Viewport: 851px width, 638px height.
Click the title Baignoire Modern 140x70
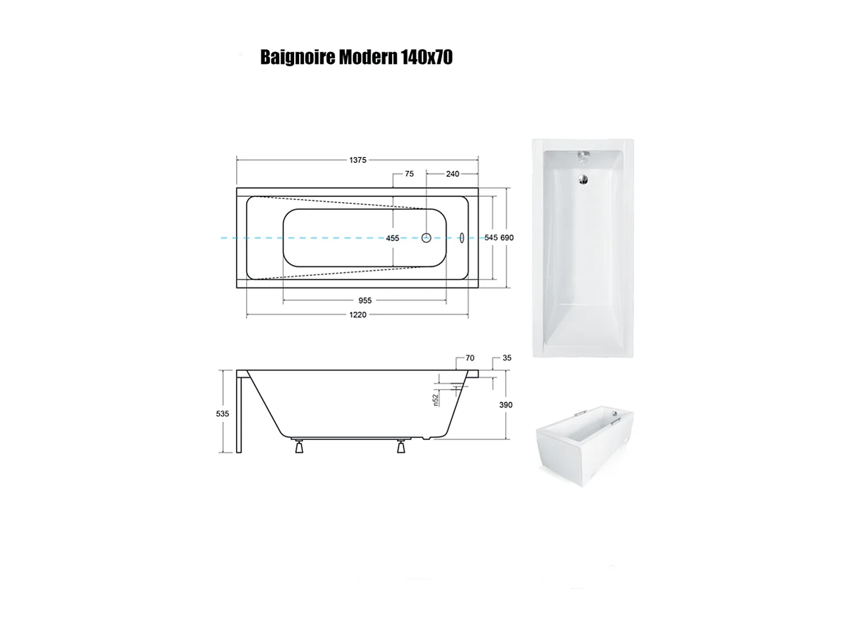(356, 58)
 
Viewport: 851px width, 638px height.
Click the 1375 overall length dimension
(357, 160)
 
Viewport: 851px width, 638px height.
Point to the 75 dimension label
(409, 174)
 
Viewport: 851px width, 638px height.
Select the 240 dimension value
(453, 174)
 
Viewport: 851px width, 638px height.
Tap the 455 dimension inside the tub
(393, 238)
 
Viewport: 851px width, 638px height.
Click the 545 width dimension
(491, 238)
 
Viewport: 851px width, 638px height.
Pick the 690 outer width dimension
(507, 238)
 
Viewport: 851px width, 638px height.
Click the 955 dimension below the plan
(365, 300)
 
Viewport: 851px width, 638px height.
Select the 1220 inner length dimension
(357, 315)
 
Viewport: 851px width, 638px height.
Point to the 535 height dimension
(222, 414)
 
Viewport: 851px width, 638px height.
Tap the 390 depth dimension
(505, 405)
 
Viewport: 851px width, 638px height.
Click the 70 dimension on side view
(469, 358)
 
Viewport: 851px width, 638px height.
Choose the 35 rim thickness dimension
(507, 358)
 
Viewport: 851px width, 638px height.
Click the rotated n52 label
(436, 400)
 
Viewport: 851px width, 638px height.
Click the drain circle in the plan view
(426, 238)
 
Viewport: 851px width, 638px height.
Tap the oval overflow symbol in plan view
(462, 238)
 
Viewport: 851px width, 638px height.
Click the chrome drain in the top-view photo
(582, 180)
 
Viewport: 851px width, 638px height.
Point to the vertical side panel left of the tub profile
(239, 412)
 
